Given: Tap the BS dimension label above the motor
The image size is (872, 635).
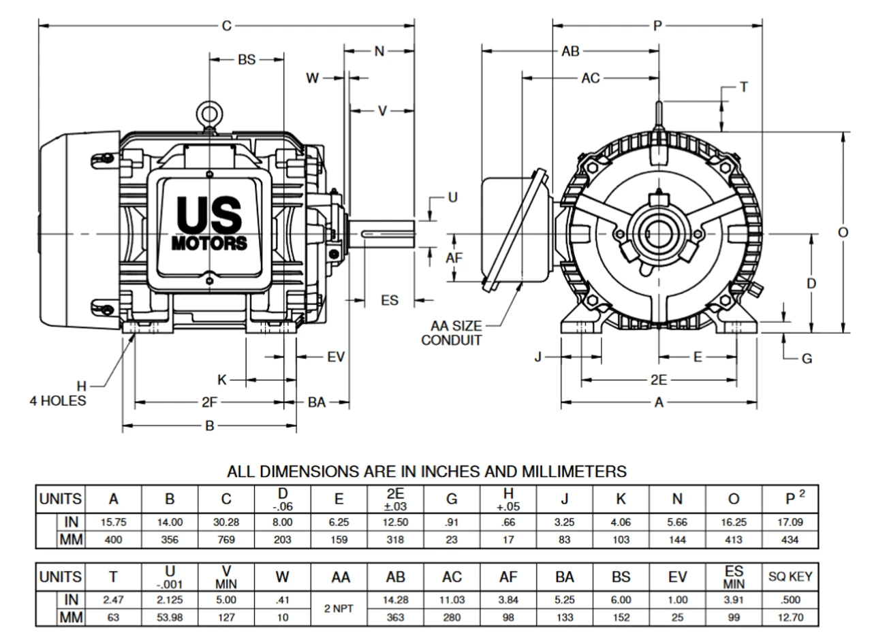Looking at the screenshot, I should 247,60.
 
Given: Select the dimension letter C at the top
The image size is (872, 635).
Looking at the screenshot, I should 227,26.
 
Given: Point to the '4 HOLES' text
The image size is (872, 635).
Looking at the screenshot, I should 58,401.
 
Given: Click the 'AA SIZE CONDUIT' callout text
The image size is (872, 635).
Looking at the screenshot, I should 452,333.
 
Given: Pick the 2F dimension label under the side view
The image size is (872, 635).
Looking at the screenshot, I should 209,402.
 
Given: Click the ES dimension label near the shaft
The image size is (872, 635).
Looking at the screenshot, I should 390,300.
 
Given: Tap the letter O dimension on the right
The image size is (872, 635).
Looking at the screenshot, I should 843,233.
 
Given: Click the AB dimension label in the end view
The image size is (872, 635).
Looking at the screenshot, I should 570,51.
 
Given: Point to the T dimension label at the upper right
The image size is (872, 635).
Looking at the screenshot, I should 744,87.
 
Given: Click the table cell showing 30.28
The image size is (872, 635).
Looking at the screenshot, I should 226,523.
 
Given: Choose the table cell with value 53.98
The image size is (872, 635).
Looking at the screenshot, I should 170,617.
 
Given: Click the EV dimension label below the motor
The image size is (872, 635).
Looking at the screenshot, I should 336,357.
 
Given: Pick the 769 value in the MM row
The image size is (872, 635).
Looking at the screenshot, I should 226,540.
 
